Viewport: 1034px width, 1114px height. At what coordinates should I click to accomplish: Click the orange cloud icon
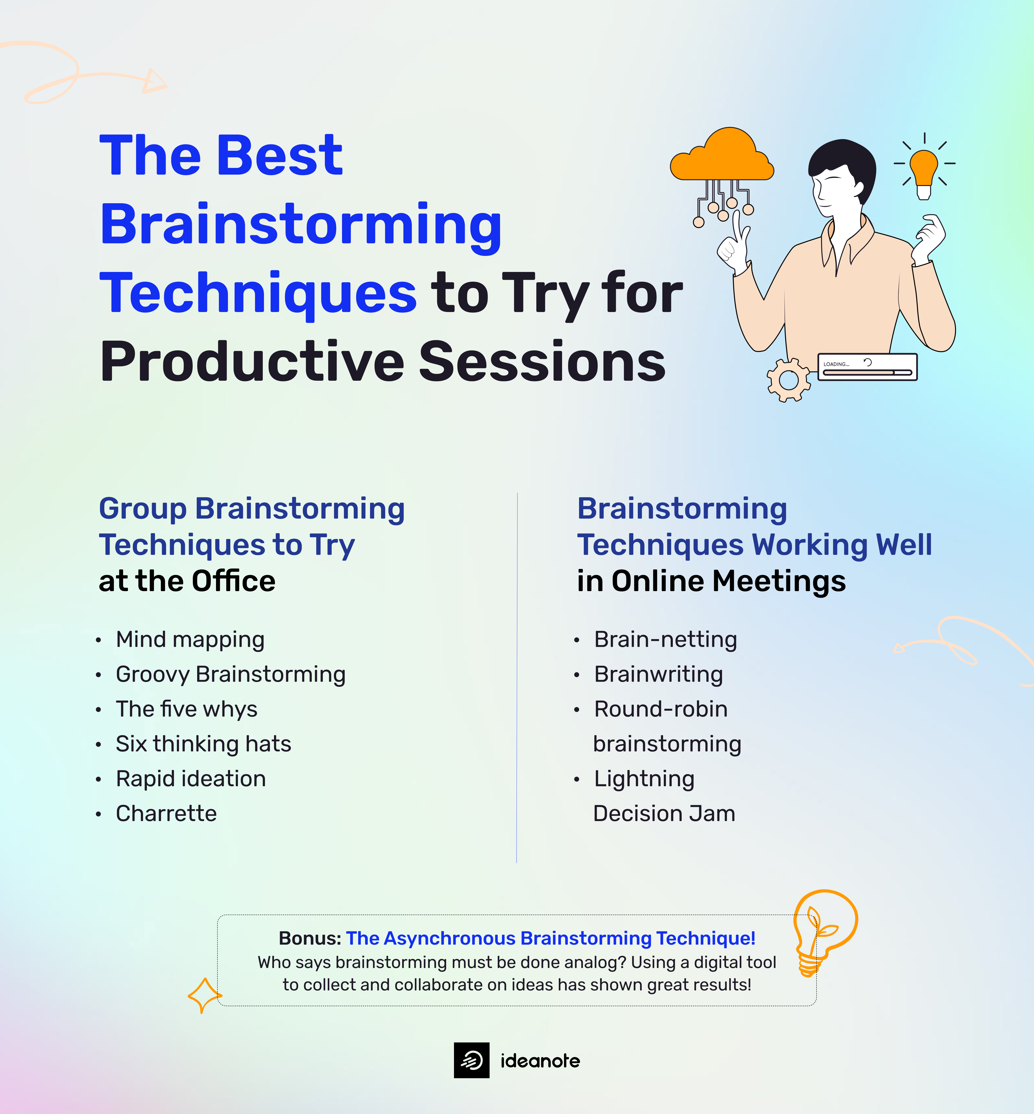722,156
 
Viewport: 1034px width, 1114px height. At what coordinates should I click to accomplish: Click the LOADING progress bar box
867,367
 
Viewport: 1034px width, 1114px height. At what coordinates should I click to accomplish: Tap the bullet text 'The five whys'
186,709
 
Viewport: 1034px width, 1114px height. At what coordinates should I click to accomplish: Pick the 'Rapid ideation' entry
191,778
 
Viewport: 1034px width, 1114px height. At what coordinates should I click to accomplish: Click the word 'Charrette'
166,813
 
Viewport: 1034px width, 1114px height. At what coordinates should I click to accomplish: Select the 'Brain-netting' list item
665,639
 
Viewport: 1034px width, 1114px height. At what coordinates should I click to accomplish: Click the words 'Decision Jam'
664,813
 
